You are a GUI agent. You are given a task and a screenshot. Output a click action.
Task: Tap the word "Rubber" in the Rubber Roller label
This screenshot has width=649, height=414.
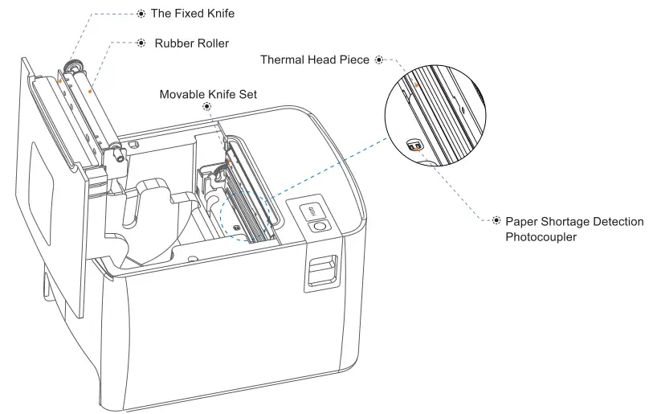click(x=174, y=43)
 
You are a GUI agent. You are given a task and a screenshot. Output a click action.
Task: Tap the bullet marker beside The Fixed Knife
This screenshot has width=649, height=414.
click(x=141, y=14)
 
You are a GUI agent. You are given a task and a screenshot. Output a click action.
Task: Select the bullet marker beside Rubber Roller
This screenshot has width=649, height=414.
click(x=141, y=43)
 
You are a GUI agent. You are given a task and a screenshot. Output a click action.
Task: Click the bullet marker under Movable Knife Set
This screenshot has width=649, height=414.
click(x=208, y=107)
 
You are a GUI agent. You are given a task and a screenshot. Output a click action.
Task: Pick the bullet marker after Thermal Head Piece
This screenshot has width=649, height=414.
click(x=379, y=59)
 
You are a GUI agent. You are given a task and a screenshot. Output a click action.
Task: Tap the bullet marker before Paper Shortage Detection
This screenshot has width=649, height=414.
click(x=496, y=220)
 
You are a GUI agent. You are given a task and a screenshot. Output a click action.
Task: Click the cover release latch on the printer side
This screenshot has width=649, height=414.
click(x=320, y=272)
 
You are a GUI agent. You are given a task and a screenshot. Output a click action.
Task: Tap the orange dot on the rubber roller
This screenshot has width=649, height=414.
click(x=89, y=91)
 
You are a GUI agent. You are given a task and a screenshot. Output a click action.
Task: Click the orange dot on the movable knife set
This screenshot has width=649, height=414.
click(x=228, y=160)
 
